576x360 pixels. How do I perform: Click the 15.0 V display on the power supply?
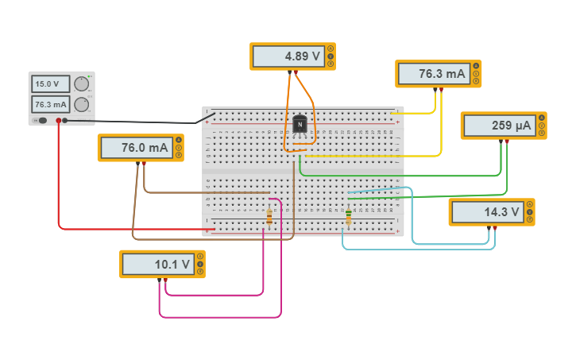point(49,83)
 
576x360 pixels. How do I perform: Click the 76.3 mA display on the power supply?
point(49,104)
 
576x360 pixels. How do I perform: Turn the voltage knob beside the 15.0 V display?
point(81,84)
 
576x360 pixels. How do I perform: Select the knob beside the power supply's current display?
point(81,105)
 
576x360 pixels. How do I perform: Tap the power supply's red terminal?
point(58,121)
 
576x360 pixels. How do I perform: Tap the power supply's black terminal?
point(66,121)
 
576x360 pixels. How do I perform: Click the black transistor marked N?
point(300,125)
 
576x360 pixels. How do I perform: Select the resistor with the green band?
point(348,215)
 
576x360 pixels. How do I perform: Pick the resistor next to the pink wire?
point(269,216)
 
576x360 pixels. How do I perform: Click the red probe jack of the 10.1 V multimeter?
point(165,280)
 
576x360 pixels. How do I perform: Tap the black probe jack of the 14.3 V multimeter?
point(487,228)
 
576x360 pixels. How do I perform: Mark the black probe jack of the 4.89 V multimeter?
point(288,72)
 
